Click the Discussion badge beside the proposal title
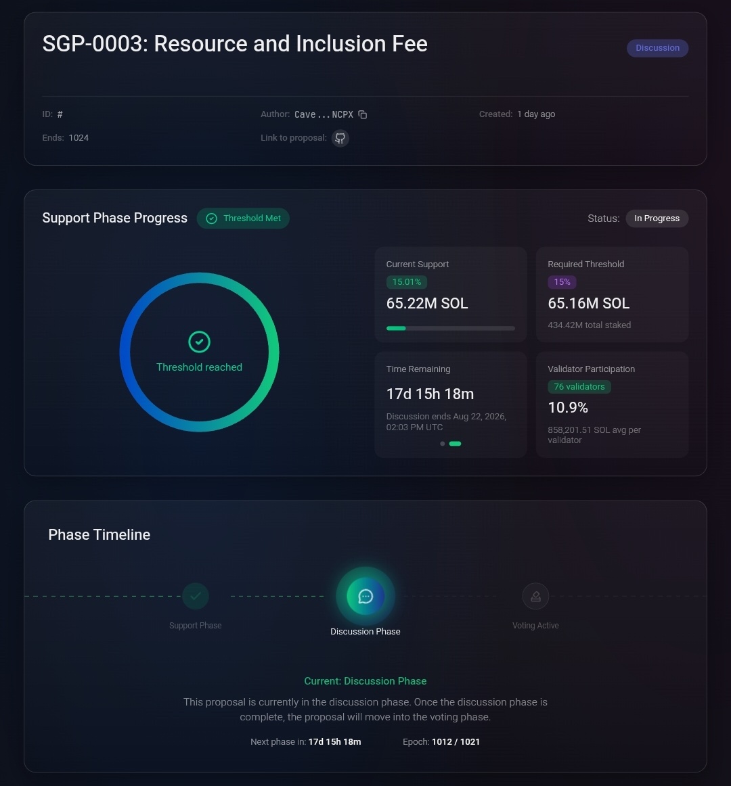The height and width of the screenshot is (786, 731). (x=657, y=48)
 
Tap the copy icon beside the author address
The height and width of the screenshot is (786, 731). (x=363, y=115)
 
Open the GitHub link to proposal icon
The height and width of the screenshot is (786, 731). (x=340, y=138)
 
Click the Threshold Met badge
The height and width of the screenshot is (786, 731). (x=243, y=218)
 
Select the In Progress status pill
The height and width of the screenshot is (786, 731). (x=657, y=218)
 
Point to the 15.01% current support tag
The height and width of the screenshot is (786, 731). (x=406, y=282)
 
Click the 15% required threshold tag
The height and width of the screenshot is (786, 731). (x=562, y=282)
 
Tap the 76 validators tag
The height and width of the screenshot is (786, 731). (x=579, y=387)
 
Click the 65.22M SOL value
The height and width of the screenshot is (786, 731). (x=427, y=304)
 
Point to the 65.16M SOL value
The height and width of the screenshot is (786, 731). (x=588, y=304)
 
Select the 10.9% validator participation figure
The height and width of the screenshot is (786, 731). (x=568, y=407)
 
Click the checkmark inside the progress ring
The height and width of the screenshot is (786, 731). (x=199, y=342)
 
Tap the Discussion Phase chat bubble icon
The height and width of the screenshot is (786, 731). (x=365, y=596)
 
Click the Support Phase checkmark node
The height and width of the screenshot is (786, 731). (x=195, y=596)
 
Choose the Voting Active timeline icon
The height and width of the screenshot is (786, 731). (x=535, y=596)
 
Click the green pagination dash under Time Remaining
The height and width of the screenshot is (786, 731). (x=455, y=444)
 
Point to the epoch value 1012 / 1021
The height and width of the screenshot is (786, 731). (x=456, y=742)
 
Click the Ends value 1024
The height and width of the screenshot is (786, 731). (x=79, y=138)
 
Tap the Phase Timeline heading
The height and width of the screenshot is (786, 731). (x=99, y=535)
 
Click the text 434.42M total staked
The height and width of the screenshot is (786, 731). (x=589, y=325)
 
